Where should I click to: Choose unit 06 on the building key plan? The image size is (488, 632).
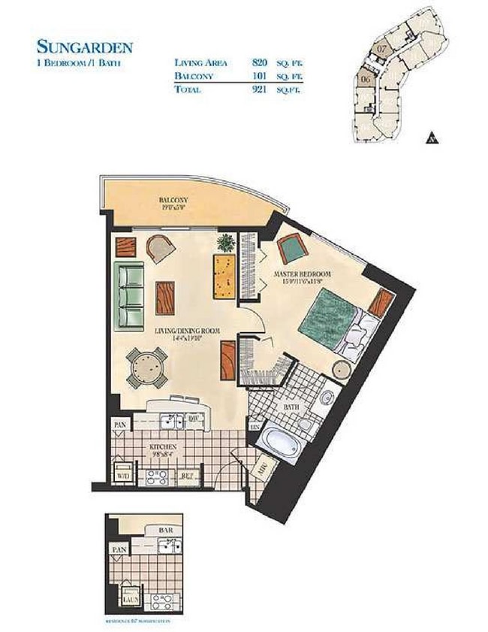point(366,78)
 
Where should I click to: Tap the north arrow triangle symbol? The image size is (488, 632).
point(432,138)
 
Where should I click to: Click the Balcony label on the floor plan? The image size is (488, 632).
point(172,201)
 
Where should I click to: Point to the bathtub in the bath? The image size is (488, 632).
point(280,437)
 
